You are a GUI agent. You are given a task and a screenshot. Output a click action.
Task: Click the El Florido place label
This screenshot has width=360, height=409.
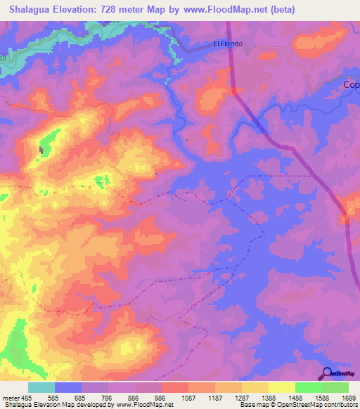[x=228, y=44]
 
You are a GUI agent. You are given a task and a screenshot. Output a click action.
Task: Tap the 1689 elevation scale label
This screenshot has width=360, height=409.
[x=347, y=398]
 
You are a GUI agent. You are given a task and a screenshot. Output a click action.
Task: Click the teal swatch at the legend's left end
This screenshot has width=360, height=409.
[x=41, y=387]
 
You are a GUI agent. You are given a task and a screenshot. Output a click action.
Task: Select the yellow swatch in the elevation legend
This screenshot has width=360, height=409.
[x=281, y=387]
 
